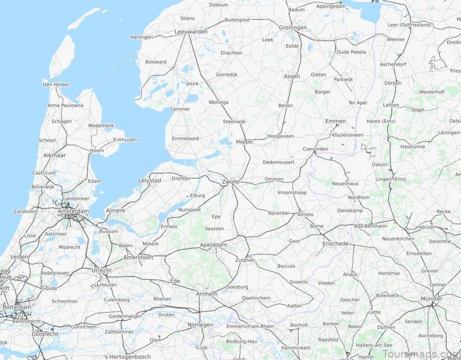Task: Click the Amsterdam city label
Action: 73,211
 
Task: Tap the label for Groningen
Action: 293,27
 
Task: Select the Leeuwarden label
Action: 191,32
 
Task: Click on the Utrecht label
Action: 101,270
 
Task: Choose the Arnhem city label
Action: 207,294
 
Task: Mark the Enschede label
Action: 336,244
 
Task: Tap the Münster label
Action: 431,299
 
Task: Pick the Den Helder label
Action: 56,85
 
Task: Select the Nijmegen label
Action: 201,325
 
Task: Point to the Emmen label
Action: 335,121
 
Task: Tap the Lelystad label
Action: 150,180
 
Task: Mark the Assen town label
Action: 292,76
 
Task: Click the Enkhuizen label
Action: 125,139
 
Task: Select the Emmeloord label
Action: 185,138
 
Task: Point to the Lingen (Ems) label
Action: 391,179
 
